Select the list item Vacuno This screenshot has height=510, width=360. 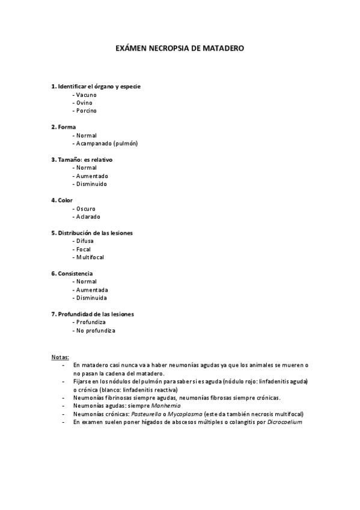click(86, 95)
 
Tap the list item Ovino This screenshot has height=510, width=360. click(84, 103)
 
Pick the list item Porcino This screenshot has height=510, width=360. click(86, 111)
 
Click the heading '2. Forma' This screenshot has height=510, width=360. click(63, 127)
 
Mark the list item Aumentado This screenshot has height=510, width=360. click(92, 176)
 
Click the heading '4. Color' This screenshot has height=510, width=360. click(62, 200)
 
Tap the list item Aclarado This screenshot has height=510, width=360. click(88, 217)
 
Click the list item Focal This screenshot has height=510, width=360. click(83, 249)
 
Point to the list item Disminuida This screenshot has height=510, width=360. click(91, 298)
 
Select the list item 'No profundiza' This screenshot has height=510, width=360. click(95, 331)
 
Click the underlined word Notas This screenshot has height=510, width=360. click(60, 356)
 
